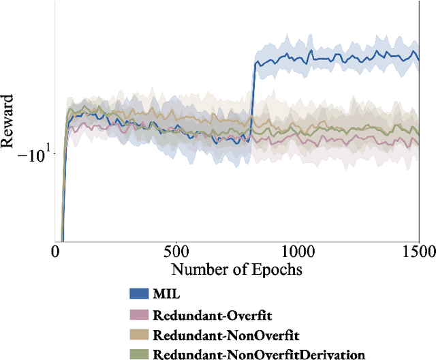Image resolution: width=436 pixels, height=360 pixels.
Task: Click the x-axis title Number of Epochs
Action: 236,269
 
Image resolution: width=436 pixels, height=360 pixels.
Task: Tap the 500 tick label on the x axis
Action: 176,251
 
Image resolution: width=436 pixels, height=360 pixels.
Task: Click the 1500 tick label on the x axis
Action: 417,251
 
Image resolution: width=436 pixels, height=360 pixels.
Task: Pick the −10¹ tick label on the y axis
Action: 31,155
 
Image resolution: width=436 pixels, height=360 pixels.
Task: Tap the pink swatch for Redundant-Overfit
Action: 139,315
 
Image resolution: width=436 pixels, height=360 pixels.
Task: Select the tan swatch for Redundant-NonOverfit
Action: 139,335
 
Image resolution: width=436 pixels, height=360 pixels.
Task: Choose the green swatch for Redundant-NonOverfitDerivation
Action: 139,354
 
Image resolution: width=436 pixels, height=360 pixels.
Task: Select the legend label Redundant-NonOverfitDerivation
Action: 259,354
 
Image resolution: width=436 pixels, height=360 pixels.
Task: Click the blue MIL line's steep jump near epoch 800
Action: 252,102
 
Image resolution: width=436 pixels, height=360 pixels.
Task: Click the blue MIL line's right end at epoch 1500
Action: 417,59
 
